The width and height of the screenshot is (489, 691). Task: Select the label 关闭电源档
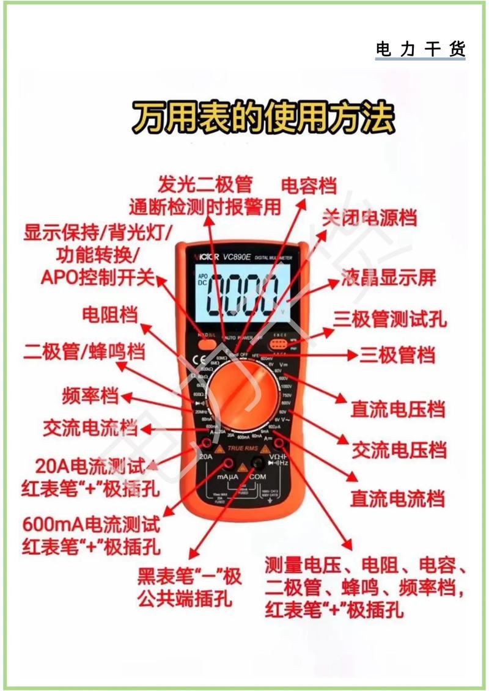click(370, 218)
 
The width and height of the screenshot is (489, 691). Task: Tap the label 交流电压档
click(399, 451)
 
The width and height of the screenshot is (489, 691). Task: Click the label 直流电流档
click(397, 498)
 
